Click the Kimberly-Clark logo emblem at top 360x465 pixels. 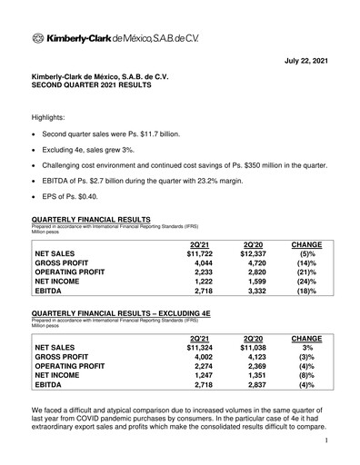pos(38,38)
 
